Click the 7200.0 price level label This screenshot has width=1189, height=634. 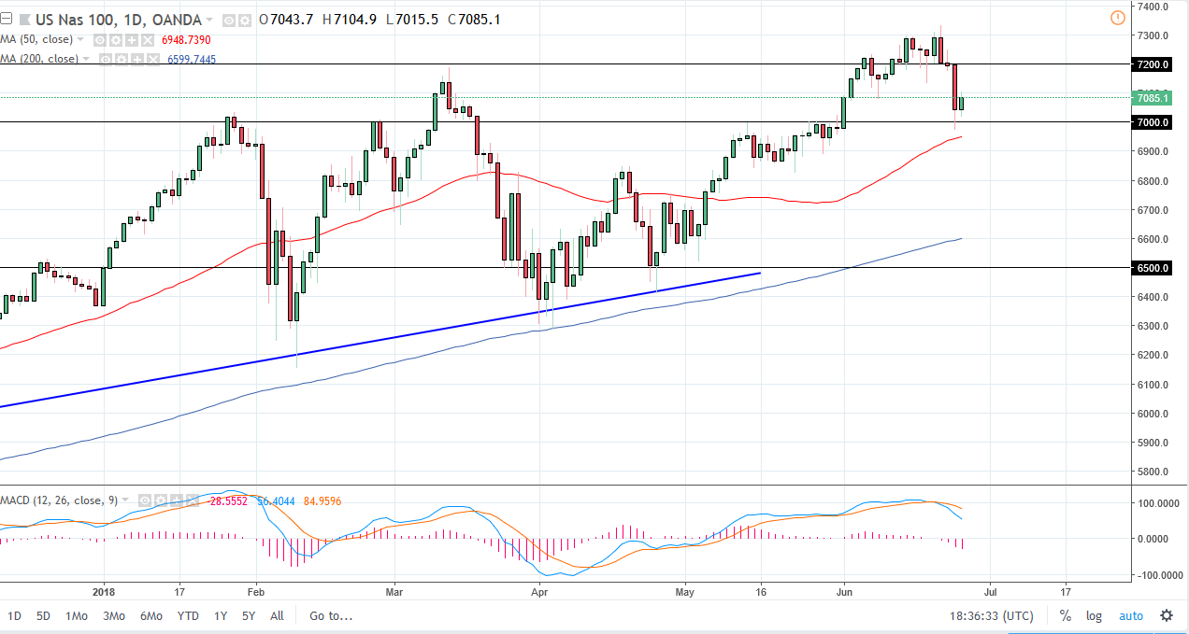click(1153, 64)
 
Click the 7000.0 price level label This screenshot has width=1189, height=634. click(1153, 122)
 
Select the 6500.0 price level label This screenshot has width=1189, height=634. click(1153, 268)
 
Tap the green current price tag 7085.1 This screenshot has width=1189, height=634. click(1153, 97)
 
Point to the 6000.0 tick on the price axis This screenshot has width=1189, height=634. click(1153, 414)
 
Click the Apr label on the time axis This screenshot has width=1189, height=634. click(537, 591)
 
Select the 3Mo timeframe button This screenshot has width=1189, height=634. click(114, 615)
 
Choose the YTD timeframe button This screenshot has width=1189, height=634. click(188, 615)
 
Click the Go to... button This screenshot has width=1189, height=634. click(331, 615)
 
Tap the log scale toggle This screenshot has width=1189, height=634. click(1093, 615)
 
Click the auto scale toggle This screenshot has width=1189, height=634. click(1130, 615)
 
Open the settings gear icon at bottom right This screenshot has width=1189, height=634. click(1167, 615)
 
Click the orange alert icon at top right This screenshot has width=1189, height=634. click(1117, 18)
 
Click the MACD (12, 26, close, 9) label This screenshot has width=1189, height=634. click(59, 500)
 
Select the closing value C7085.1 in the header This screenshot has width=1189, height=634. click(474, 20)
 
